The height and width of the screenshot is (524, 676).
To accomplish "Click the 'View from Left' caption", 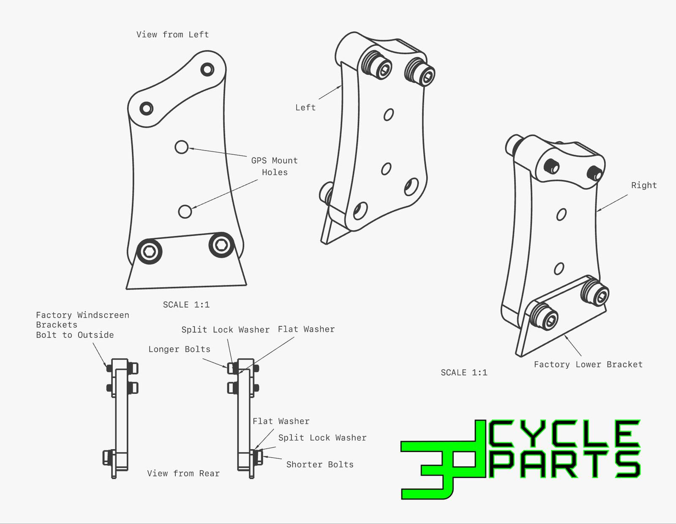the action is click(x=173, y=35).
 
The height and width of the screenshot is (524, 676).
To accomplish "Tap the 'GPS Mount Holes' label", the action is click(x=274, y=166).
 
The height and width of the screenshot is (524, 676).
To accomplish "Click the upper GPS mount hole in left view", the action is click(x=181, y=147).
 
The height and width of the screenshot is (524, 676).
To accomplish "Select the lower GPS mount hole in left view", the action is click(x=185, y=212).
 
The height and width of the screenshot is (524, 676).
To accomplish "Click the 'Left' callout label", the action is click(x=305, y=108).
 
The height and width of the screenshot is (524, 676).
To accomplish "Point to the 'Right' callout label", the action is click(x=644, y=185).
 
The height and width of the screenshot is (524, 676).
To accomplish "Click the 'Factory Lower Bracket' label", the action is click(x=588, y=365).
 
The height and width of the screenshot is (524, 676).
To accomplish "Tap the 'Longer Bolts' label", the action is click(x=179, y=349).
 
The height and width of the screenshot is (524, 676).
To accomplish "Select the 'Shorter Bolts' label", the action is click(x=320, y=464).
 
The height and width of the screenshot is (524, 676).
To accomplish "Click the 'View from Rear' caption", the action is click(x=183, y=474).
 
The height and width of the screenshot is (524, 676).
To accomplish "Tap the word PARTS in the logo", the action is click(x=565, y=464).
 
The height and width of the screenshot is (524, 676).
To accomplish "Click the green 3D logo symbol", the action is click(x=444, y=460).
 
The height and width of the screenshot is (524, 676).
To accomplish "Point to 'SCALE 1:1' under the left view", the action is click(x=186, y=305).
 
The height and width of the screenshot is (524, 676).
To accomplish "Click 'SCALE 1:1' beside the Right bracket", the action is click(x=464, y=372).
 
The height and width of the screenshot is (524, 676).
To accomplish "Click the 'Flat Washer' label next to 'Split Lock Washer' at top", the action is click(x=306, y=329).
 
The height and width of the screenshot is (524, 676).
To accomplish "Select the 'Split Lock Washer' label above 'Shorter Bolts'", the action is click(x=322, y=438).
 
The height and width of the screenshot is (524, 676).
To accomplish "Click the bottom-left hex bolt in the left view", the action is click(x=149, y=252).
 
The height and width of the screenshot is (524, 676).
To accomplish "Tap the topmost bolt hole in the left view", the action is click(x=207, y=69).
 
